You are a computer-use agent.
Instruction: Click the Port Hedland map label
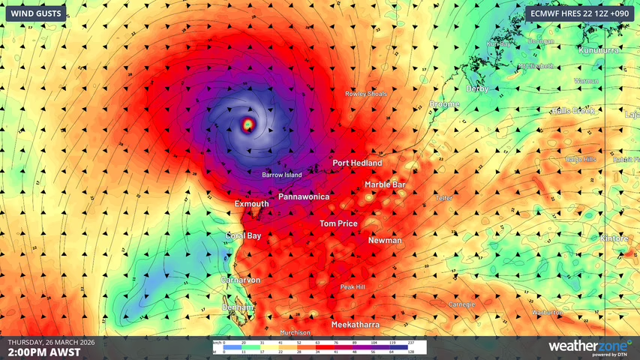point(357,163)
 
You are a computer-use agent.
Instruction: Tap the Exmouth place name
point(251,203)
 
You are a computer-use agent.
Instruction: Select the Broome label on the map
point(444,104)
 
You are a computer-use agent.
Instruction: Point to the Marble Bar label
point(385,184)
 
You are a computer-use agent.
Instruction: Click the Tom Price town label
point(338,223)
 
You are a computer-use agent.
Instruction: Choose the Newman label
point(385,241)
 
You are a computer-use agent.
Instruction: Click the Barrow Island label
point(281,175)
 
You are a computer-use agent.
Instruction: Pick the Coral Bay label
point(244,235)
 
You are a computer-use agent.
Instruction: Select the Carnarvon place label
point(240,280)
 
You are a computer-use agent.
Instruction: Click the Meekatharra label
point(355,325)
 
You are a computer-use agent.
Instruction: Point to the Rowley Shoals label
point(365,94)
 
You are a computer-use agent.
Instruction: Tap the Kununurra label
point(600,49)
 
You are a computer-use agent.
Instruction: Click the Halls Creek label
point(573,111)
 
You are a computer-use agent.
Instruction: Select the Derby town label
point(477,88)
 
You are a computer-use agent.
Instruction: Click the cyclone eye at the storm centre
point(248,124)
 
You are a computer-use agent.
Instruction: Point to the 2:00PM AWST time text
point(44,352)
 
